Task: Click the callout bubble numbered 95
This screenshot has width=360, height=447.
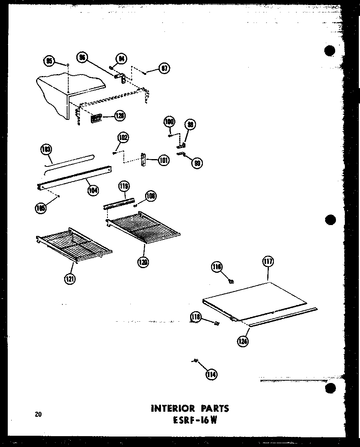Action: (x=49, y=61)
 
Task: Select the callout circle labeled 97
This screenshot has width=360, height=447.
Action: (x=164, y=68)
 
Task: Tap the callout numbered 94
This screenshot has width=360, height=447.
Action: (x=121, y=59)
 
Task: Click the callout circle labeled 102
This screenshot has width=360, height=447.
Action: (x=123, y=138)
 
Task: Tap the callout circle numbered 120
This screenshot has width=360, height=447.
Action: (x=143, y=262)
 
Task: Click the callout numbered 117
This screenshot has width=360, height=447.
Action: (x=268, y=262)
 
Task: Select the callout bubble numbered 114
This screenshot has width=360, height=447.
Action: (x=212, y=374)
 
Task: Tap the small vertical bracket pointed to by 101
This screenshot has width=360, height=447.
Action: (x=143, y=159)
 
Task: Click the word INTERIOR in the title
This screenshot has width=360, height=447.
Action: (x=172, y=408)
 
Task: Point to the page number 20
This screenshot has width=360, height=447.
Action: (x=38, y=414)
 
